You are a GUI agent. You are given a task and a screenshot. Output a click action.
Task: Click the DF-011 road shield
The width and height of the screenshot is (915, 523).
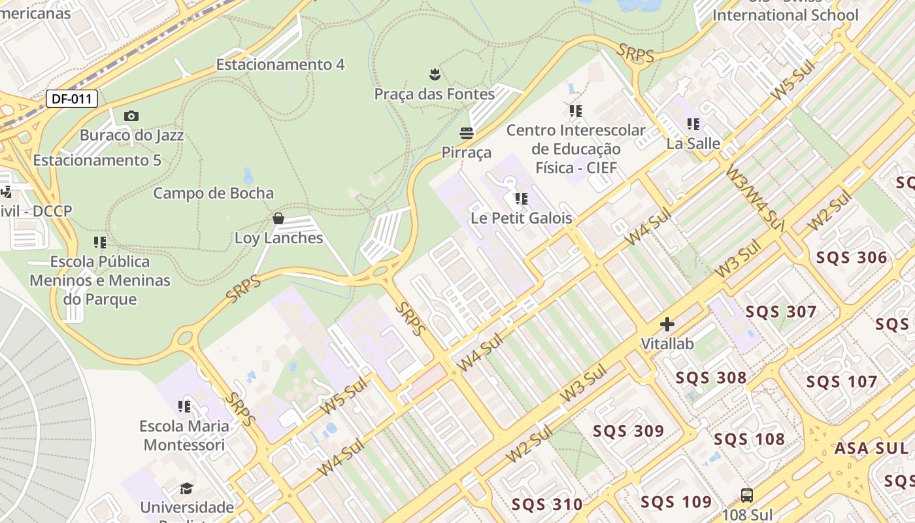pos(72,99)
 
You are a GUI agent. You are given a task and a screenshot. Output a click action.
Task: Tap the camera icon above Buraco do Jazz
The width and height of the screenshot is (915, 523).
pos(131,116)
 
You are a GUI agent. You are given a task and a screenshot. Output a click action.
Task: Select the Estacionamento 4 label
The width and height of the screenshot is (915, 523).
pos(280,65)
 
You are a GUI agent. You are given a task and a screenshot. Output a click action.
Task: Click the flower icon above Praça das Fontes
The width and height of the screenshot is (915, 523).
pos(435,74)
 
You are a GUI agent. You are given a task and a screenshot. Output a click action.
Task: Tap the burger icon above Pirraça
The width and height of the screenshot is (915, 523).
pos(466,133)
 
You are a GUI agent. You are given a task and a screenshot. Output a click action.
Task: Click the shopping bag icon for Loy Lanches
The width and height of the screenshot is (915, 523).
pos(278,218)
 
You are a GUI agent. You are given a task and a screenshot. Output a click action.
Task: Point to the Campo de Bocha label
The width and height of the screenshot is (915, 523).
pos(214,194)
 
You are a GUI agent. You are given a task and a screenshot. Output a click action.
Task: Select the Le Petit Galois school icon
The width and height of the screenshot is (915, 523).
pos(521,198)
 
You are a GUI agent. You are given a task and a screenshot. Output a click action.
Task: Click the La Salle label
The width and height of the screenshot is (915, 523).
pos(693,144)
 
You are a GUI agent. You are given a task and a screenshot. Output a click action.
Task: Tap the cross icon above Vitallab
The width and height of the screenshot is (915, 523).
pos(667,324)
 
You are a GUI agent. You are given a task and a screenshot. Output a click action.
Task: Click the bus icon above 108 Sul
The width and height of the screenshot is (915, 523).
pos(747,495)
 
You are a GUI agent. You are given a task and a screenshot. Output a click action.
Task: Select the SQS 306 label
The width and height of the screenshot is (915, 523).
pos(852,258)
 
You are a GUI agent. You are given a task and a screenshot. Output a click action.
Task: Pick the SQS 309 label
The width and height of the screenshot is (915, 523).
pos(628,431)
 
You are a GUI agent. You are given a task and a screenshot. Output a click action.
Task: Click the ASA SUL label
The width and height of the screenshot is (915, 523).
pos(871,448)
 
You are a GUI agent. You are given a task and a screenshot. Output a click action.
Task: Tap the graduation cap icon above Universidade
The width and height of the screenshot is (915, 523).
pos(186,488)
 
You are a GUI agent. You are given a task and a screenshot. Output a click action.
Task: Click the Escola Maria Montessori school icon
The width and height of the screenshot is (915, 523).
pos(184,407)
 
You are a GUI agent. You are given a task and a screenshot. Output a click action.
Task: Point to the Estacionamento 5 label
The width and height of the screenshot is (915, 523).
pos(97,161)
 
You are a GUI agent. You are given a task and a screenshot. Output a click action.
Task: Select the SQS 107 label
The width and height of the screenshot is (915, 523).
pos(842,382)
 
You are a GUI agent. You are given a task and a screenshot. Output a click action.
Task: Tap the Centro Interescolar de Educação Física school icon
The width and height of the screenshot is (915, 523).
pos(575,111)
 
